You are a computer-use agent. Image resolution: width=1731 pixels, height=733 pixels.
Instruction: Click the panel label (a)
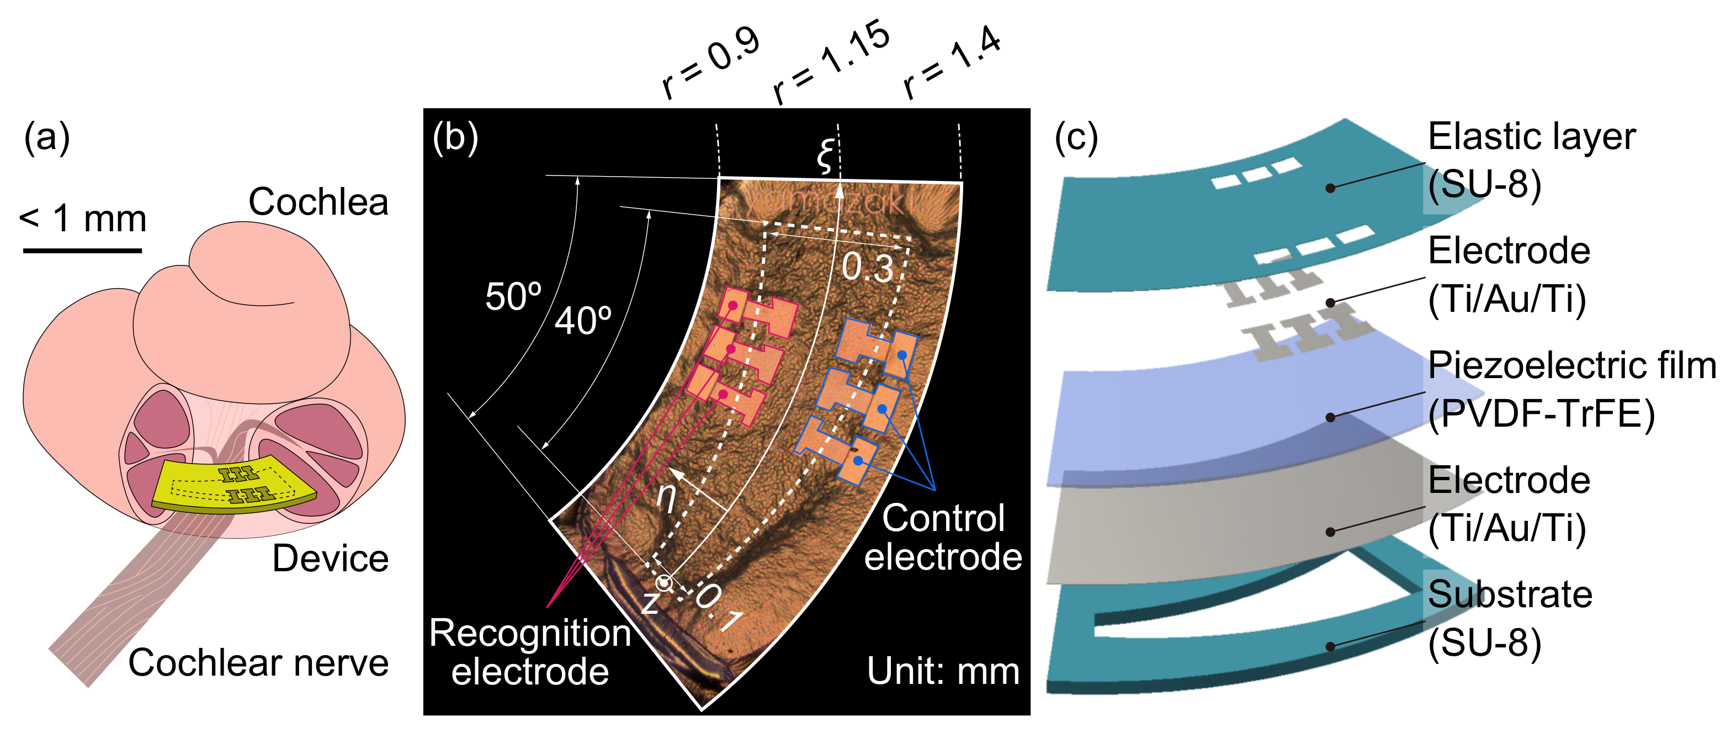47,139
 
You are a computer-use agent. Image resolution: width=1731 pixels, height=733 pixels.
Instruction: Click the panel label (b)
455,139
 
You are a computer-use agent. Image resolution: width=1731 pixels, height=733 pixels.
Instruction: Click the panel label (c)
1076,139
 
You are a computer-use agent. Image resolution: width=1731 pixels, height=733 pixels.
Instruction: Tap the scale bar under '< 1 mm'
83,251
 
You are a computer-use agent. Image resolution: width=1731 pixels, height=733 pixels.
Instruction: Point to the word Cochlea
318,201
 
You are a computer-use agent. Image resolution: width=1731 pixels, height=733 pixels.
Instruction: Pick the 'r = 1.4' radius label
952,62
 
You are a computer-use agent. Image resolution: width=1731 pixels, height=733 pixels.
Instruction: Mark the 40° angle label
582,321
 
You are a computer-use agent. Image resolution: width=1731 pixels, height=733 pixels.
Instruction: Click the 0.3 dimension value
868,267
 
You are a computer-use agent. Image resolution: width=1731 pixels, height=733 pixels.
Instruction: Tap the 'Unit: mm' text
943,671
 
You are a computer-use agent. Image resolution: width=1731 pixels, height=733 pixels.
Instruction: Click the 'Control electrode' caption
943,537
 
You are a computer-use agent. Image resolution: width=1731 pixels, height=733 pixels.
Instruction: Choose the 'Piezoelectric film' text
1571,366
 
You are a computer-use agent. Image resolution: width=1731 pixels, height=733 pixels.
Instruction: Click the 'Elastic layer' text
1531,137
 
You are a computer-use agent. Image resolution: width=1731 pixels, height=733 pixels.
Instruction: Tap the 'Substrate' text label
1510,594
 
